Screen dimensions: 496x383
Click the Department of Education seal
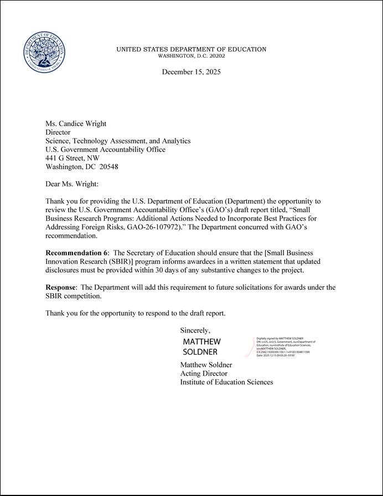point(46,52)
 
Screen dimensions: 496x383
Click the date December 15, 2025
point(191,72)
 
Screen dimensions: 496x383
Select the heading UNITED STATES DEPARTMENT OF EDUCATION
point(191,49)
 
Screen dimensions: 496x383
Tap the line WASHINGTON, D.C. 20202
point(191,56)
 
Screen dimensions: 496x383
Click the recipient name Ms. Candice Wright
point(76,124)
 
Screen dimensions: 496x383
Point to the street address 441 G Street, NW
point(73,158)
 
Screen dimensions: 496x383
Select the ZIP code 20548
point(108,167)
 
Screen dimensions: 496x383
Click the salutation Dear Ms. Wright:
point(71,183)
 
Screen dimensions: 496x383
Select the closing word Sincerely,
point(195,330)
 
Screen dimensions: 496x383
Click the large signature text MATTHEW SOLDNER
point(201,346)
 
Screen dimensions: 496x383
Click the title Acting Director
point(204,374)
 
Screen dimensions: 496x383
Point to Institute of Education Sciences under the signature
point(226,382)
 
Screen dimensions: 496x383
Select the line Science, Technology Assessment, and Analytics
point(118,141)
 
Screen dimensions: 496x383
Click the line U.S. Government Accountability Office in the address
point(105,149)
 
